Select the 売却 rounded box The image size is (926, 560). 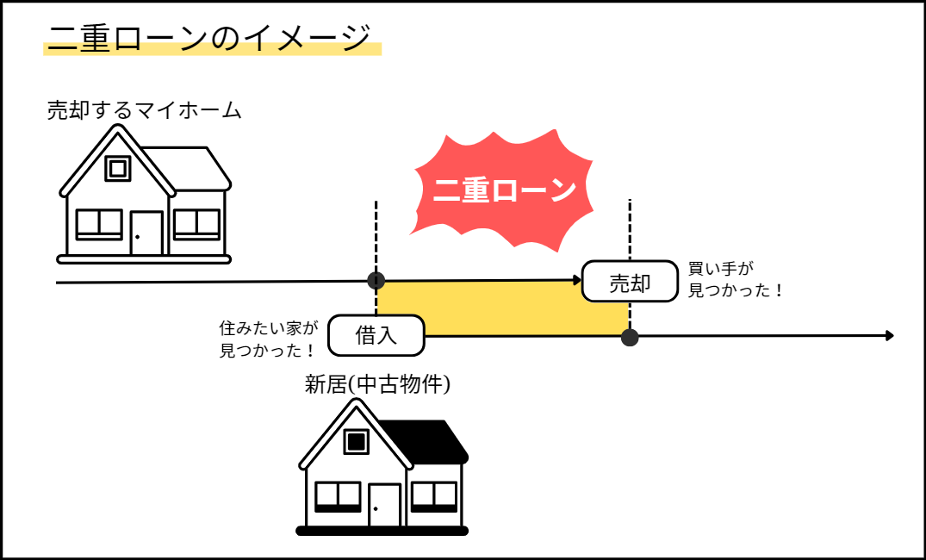click(630, 282)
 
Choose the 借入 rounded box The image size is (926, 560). click(376, 335)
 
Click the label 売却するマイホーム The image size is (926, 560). click(144, 110)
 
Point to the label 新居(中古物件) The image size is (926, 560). click(377, 384)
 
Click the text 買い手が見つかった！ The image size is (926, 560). click(735, 280)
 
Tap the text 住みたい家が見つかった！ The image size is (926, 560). click(268, 339)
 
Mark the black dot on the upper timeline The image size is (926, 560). click(376, 280)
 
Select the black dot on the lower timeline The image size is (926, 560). click(630, 337)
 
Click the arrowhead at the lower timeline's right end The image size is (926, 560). click(890, 335)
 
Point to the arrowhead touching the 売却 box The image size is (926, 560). click(577, 279)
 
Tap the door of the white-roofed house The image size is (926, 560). click(146, 233)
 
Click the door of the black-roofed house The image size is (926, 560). click(384, 505)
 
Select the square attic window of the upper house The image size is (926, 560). click(118, 168)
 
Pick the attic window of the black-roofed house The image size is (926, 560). click(357, 441)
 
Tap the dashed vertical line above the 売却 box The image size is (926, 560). click(630, 228)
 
